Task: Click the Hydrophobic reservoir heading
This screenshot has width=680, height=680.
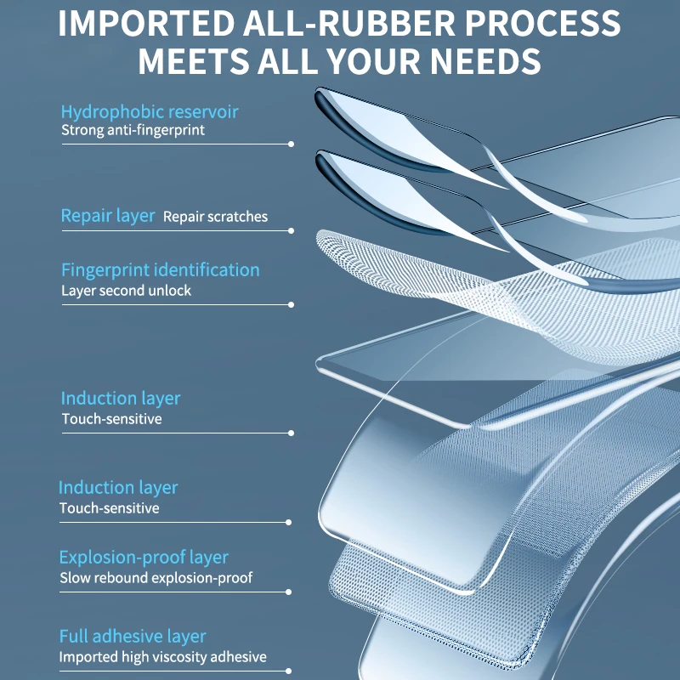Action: click(x=150, y=111)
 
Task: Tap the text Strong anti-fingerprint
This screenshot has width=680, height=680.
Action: click(x=133, y=131)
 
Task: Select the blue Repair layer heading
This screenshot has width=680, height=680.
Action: click(x=108, y=216)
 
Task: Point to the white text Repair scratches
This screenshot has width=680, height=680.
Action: click(x=215, y=217)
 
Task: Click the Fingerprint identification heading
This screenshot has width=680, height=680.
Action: click(x=160, y=270)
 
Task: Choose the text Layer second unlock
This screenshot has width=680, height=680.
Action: click(x=126, y=291)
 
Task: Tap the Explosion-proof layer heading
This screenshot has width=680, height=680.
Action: click(x=144, y=558)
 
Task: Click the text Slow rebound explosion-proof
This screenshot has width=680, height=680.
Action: click(x=156, y=578)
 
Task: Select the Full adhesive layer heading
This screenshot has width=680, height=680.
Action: click(x=133, y=636)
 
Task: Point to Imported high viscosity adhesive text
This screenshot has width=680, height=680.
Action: click(x=162, y=657)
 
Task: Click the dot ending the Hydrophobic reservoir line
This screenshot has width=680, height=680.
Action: click(x=292, y=144)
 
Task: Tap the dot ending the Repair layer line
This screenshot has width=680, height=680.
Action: click(x=292, y=230)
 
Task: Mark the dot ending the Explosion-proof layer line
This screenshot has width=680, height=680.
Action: click(x=290, y=592)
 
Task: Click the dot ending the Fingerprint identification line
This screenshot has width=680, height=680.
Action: click(x=292, y=304)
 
